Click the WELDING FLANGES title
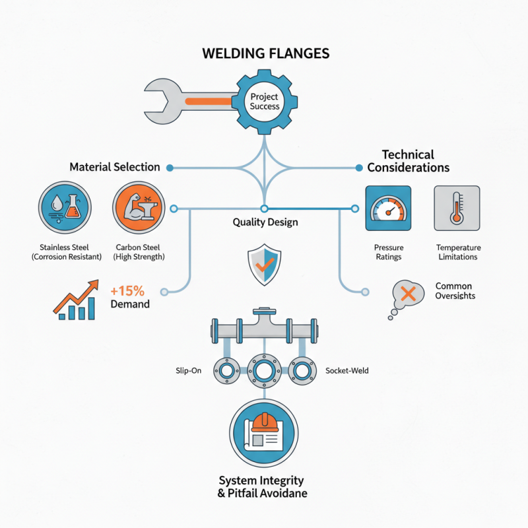tap(264, 53)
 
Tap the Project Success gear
tap(265, 101)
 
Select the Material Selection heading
tap(115, 168)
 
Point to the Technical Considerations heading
tap(408, 160)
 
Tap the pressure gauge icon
tap(388, 209)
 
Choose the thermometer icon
tap(457, 209)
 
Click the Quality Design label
tap(265, 222)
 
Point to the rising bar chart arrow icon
tap(75, 300)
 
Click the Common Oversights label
tap(455, 291)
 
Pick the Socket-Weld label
tap(347, 371)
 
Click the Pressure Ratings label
tap(388, 252)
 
